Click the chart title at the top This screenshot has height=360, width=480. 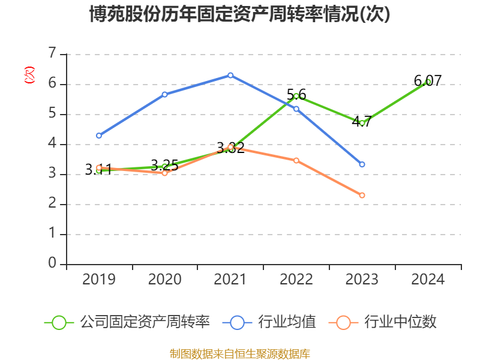click(x=240, y=14)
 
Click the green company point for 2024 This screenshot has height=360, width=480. click(x=428, y=82)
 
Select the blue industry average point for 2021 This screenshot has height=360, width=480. click(x=230, y=75)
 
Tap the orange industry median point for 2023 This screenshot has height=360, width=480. click(x=362, y=195)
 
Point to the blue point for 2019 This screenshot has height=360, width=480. click(x=98, y=136)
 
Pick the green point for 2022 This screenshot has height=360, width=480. click(x=296, y=96)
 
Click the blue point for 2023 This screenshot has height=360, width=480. click(x=362, y=164)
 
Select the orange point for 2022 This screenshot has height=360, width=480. click(x=296, y=160)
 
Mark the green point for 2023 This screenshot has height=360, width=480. click(x=362, y=123)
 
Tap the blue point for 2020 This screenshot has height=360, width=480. click(x=164, y=94)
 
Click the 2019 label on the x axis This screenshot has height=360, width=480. click(x=98, y=280)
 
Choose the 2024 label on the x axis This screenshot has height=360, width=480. click(x=428, y=280)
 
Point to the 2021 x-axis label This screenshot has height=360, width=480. click(x=230, y=280)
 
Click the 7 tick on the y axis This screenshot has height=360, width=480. click(x=52, y=54)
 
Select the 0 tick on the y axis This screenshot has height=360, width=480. click(x=52, y=264)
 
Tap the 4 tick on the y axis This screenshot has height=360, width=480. click(x=52, y=144)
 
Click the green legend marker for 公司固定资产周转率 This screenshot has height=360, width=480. click(x=59, y=322)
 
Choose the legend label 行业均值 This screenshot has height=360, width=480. click(x=287, y=322)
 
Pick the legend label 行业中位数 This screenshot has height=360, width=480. click(x=401, y=322)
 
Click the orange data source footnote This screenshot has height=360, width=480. click(x=240, y=353)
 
